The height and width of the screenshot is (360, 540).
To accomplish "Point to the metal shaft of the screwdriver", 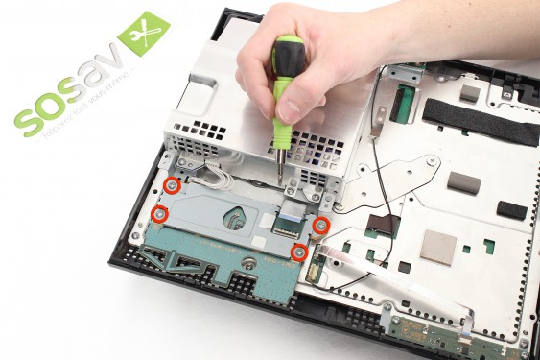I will (x=280, y=163).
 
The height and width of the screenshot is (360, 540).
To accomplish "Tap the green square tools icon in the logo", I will (x=143, y=36).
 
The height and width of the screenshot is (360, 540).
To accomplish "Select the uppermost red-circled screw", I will (x=171, y=183).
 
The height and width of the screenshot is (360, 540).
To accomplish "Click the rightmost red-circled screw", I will (x=322, y=224).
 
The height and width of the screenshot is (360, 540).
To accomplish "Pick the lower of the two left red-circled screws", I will (x=160, y=213).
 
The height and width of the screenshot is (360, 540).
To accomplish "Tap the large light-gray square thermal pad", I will (x=438, y=246).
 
